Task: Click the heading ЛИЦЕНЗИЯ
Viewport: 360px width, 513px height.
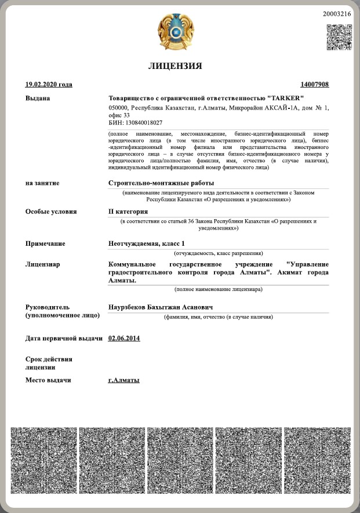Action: pos(176,66)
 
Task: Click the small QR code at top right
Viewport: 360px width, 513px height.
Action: pos(339,37)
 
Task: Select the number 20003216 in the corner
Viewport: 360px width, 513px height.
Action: pos(337,13)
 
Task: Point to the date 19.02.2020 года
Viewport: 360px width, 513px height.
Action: pos(49,85)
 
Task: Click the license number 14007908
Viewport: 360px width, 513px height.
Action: pos(315,85)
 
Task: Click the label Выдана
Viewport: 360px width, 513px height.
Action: pos(38,98)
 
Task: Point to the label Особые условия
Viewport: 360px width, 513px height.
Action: pos(51,212)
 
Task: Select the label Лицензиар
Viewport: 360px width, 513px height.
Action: pos(43,264)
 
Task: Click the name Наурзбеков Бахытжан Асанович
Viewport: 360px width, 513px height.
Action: pos(161,307)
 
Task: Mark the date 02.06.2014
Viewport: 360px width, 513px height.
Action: pos(124,338)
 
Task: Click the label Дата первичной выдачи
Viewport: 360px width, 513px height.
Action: pos(64,338)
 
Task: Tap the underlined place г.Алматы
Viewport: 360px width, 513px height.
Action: pos(124,380)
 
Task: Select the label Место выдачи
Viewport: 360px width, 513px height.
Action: pos(48,380)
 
